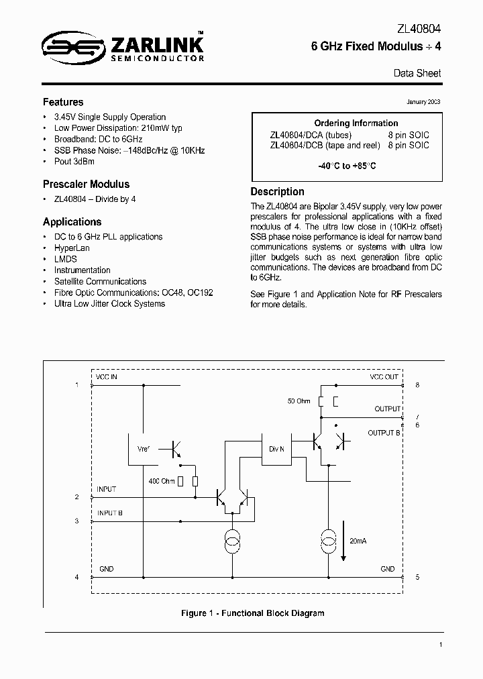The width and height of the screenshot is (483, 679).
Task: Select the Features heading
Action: tap(63, 103)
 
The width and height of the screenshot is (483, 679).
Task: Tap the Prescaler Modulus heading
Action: tap(86, 184)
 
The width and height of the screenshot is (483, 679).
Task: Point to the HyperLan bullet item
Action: tap(71, 248)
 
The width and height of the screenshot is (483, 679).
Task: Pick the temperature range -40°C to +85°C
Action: tap(347, 166)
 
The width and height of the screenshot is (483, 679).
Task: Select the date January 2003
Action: tap(423, 102)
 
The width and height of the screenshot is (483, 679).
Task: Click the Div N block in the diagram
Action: tap(276, 449)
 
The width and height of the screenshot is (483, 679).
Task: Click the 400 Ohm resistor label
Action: tap(162, 481)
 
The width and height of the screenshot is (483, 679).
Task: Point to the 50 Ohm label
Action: tap(299, 401)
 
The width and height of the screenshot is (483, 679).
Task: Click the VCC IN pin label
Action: tap(106, 377)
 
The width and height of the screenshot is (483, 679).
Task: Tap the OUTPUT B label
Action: tap(384, 433)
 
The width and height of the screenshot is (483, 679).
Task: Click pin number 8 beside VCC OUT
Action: tap(417, 385)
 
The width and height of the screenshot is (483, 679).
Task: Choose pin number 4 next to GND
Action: tap(76, 577)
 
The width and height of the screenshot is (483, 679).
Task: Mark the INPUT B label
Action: tap(110, 513)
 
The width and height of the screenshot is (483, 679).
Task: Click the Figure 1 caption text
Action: tap(253, 613)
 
